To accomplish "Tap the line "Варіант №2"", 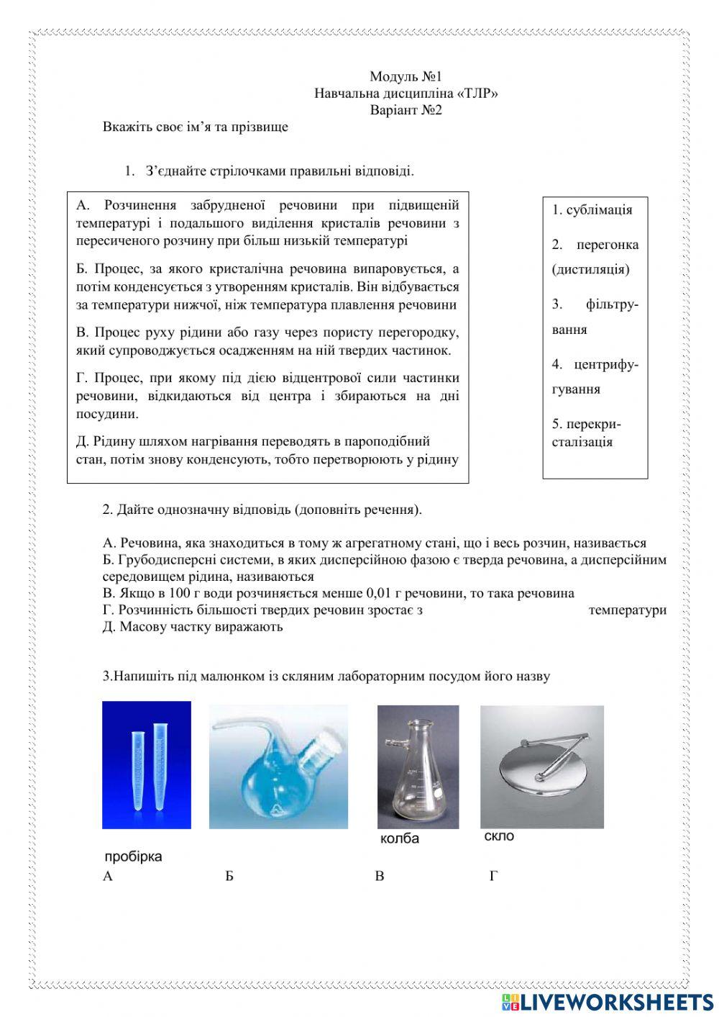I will pos(405,110).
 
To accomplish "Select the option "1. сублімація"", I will pos(592,210).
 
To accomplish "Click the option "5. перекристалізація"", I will pos(586,433).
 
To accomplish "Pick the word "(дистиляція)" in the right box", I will pos(590,269).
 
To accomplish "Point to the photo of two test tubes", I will pos(147,764).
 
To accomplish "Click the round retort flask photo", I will pos(278,766).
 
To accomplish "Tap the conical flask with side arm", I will pos(417,767).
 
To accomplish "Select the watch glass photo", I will pos(541,766).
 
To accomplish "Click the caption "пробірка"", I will pos(133,856).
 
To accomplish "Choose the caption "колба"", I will pos(399,839).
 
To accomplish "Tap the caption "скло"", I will pos(499,836).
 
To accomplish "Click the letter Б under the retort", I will pos(229,876).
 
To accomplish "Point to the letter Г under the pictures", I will pos(493,876).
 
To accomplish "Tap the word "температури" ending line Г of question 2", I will pos(627,610).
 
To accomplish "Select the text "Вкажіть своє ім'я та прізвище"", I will pos(195,127).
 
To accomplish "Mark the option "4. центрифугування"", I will pos(595,376).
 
